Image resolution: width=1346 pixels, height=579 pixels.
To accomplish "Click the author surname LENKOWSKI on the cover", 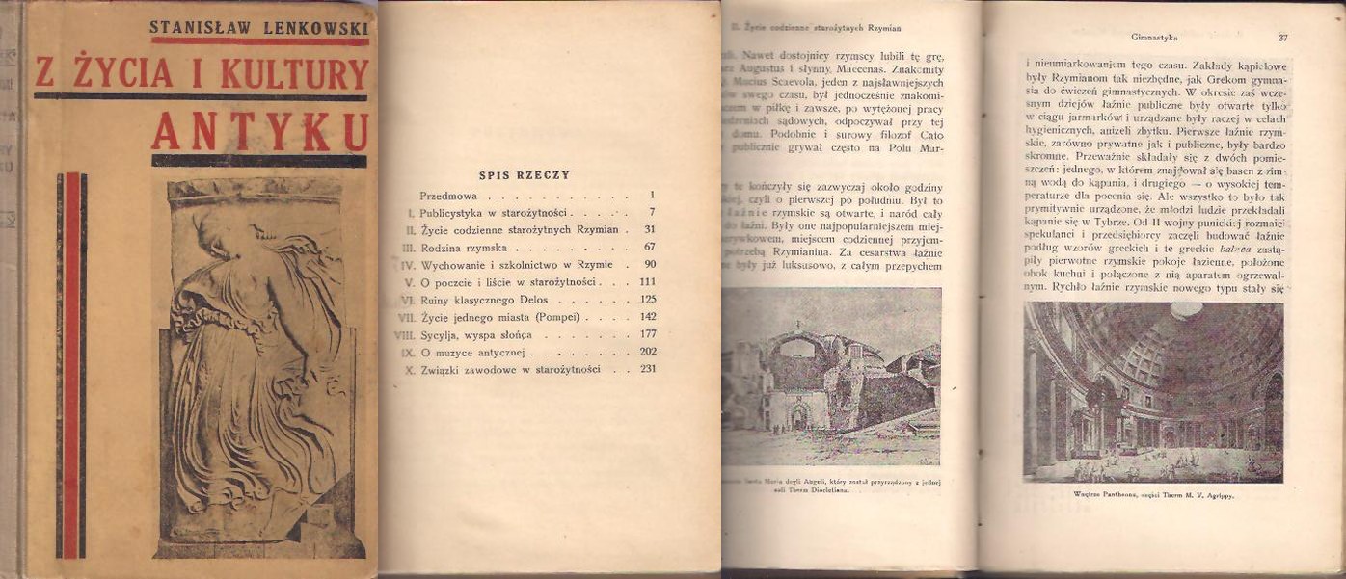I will (311, 26).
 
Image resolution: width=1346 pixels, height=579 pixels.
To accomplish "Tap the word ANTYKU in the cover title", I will (259, 131).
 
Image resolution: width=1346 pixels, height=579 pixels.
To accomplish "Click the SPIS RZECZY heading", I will (525, 175).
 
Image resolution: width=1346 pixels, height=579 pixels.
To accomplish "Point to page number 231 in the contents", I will (647, 369).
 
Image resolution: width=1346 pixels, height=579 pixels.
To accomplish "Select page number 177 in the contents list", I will (647, 334).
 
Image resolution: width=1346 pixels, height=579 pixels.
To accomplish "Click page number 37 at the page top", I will (1282, 38).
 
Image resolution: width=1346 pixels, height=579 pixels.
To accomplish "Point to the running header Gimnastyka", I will (1157, 38).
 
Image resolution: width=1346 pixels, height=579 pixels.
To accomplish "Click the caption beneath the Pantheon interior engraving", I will (1153, 495).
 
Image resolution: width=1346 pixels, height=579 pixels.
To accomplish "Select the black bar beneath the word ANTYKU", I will (259, 161).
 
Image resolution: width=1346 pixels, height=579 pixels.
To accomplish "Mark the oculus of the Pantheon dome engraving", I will (1185, 310).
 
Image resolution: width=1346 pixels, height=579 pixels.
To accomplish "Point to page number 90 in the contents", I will (649, 264).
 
